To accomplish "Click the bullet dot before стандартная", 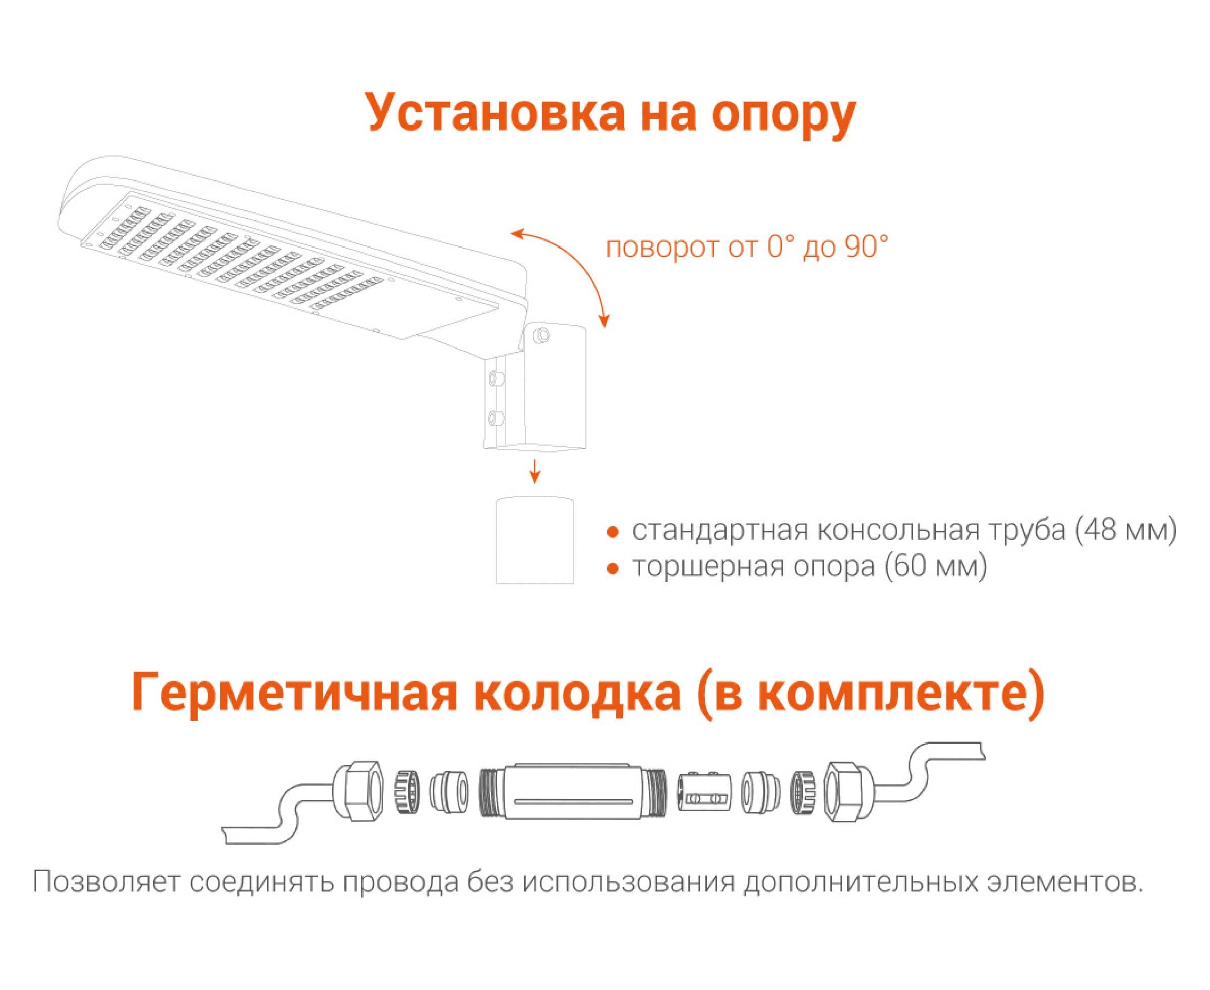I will pyautogui.click(x=613, y=532).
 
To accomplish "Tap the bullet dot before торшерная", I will pyautogui.click(x=613, y=569).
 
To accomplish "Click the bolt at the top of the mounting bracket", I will pyautogui.click(x=542, y=335).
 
